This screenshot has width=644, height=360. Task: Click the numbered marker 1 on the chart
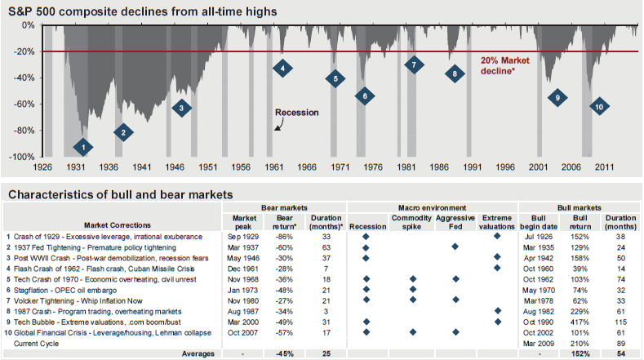(82, 147)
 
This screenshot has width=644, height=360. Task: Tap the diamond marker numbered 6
(365, 96)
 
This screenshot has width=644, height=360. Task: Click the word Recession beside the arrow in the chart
(296, 113)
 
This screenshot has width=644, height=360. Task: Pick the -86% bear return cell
(284, 236)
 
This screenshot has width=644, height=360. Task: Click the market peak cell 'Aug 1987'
(245, 310)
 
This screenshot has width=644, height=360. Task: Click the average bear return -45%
(284, 353)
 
